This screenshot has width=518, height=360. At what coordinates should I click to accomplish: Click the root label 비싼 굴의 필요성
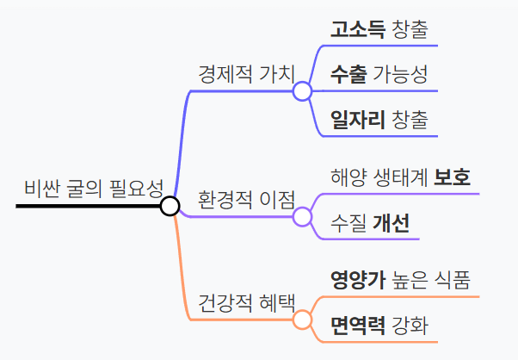coord(94,188)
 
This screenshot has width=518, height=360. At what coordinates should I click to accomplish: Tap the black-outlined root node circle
coord(170,206)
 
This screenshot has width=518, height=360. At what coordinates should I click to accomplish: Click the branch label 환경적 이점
coord(246,199)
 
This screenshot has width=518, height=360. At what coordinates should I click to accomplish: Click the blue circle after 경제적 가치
coord(302,90)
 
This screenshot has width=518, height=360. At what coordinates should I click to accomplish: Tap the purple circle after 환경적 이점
coord(302,216)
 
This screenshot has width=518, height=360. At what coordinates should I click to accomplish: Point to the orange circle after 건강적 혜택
coord(302,320)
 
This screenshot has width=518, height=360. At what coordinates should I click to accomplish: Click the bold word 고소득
coord(356,28)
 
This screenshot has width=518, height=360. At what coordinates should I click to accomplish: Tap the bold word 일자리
coord(356,120)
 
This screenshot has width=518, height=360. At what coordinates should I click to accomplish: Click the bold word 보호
coord(452,178)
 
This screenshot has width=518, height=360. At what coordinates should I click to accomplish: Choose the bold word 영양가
coord(356,280)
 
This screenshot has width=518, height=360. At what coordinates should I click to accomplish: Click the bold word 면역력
coord(356,326)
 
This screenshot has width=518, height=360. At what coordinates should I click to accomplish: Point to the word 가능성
coord(400,74)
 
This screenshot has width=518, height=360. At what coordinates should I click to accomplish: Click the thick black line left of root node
coord(86,207)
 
